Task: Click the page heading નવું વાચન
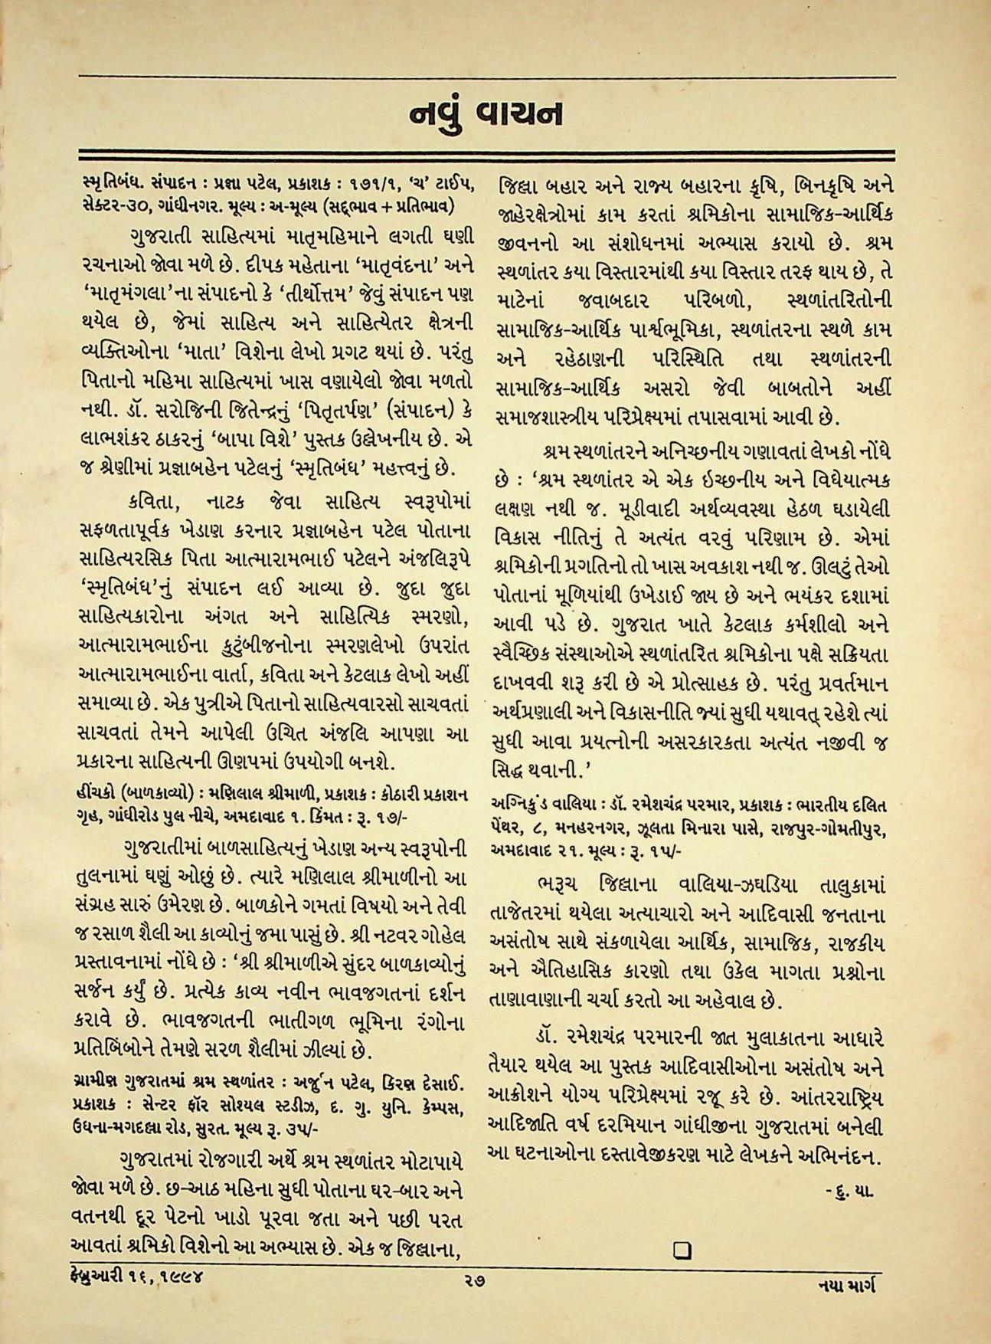point(486,113)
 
